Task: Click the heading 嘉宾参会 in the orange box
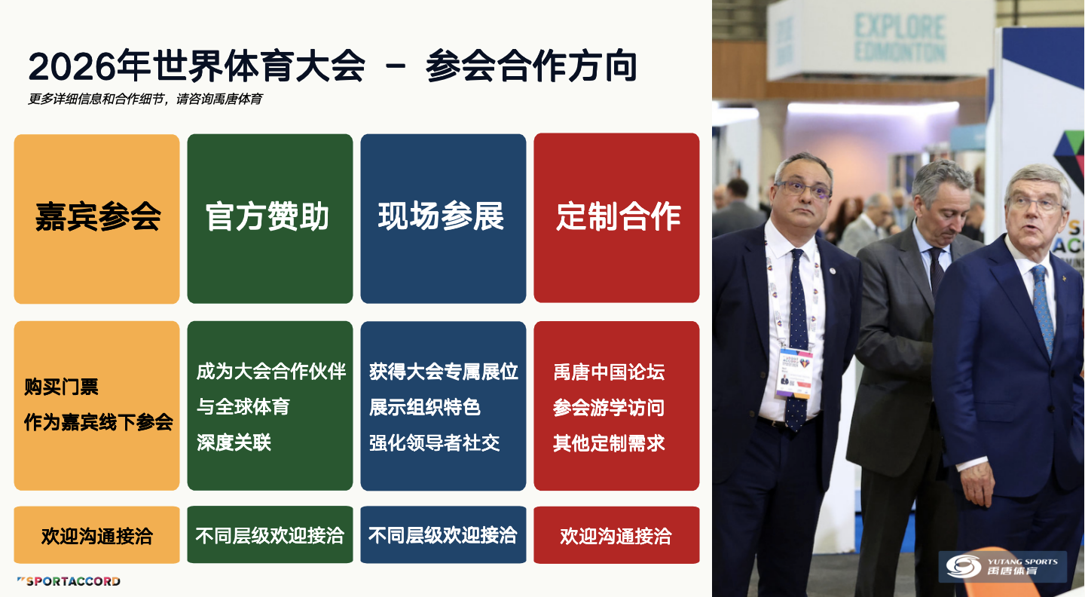point(98,216)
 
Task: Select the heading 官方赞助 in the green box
point(267,216)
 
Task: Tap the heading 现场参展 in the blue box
point(441,216)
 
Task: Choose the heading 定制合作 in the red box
point(618,216)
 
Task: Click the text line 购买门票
point(62,387)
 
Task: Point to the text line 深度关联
point(234,442)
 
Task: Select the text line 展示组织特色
point(425,407)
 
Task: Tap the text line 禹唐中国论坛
point(609,372)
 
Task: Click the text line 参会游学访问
point(609,408)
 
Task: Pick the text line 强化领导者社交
point(435,443)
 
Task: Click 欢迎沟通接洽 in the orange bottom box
point(97,536)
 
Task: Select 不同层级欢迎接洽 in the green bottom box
point(270,535)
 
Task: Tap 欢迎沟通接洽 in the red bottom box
point(616,536)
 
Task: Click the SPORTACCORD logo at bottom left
point(69,581)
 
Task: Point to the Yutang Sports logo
point(1002,567)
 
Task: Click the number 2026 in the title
point(72,66)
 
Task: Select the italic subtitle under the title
point(145,99)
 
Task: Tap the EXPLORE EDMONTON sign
point(900,38)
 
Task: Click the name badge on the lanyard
point(795,372)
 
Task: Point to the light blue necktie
point(1042,310)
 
